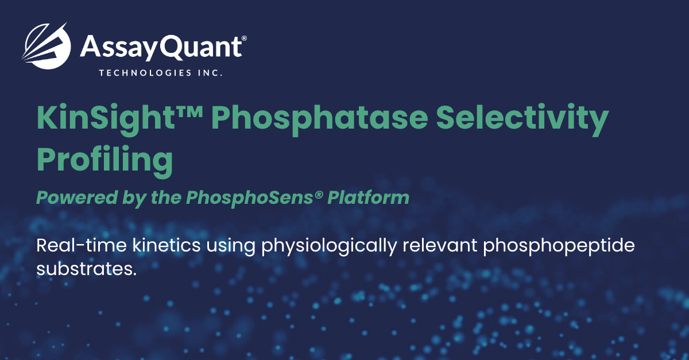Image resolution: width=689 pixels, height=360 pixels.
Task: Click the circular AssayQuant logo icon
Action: [47, 46]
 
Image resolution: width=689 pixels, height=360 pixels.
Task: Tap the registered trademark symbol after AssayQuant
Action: [244, 38]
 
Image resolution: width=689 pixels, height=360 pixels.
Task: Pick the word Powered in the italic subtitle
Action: [77, 198]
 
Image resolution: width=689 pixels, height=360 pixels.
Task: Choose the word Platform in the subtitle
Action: [369, 198]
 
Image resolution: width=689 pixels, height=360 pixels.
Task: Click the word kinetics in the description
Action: [167, 245]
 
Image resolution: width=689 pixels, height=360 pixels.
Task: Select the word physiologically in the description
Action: [329, 247]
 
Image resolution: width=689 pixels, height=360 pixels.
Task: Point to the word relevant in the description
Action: [440, 245]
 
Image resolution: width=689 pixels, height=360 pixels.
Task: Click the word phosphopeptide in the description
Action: [559, 247]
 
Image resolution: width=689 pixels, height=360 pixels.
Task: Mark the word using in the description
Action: [231, 247]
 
